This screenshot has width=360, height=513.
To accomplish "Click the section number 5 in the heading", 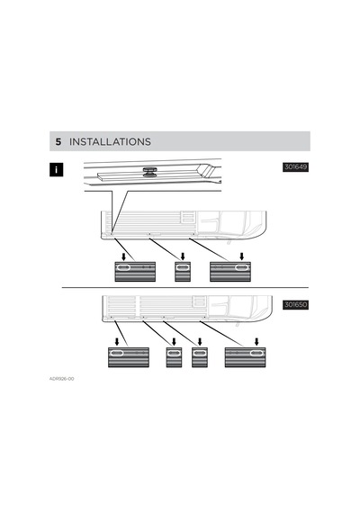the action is pos(58,141).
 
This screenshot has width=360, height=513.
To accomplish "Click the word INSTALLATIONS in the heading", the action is pos(110,141).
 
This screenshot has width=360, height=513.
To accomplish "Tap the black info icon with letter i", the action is pos(57,170).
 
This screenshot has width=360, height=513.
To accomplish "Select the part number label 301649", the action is pos(295,167).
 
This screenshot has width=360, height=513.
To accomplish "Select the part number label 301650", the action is pos(295,305).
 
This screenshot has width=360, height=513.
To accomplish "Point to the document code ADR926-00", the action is pos(61,379).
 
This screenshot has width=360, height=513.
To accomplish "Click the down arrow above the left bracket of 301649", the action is pos(123,256).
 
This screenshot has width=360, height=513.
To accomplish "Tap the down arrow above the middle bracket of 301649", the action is pos(183,256).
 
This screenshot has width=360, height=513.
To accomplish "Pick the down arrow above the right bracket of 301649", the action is pos(241,256).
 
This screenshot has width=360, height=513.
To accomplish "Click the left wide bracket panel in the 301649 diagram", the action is pos(135,272).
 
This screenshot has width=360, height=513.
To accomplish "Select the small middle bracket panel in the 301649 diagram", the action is pos(183,272).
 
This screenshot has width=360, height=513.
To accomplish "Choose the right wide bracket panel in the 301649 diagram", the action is pos(230,272).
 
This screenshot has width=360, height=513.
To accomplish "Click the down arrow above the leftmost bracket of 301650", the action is pos(117,342).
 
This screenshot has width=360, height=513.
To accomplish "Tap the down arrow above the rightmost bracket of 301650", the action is pos(256,342).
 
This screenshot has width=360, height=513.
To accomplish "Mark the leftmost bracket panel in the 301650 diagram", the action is pos(129,357).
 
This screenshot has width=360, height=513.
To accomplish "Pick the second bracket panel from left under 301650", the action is pos(174,357).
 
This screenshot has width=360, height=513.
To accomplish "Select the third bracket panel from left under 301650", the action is pos(200,357).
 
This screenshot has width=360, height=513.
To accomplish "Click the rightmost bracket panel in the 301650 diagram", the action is pos(245,357).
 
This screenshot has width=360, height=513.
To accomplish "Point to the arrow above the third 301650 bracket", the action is pos(200,342).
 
